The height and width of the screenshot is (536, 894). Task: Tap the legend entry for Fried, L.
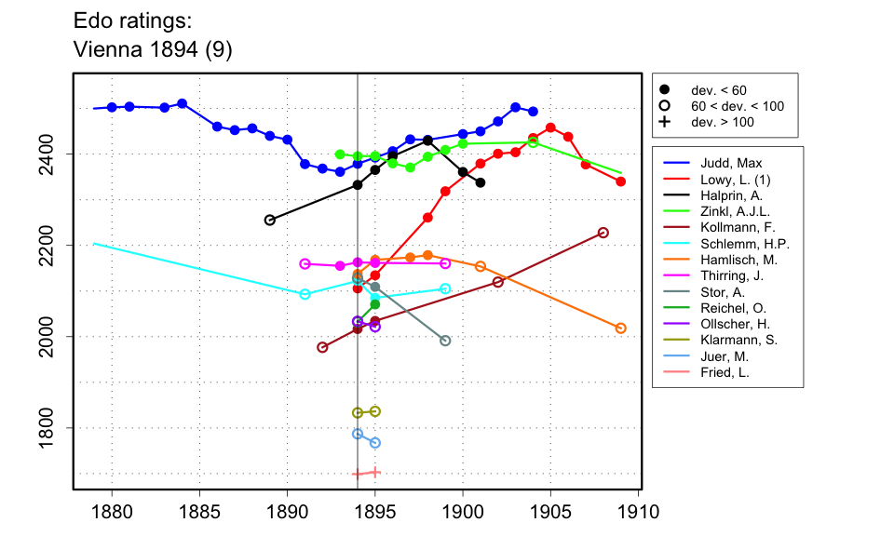717,372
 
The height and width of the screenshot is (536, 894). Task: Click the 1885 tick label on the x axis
199,511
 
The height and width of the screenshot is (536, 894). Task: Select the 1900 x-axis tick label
463,511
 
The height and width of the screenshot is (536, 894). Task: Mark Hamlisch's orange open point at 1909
621,328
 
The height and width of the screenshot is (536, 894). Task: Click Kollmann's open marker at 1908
603,233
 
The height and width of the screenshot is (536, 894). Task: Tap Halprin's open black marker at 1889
270,220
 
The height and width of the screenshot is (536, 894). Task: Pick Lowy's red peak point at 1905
550,127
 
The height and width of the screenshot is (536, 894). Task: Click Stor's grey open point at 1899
445,341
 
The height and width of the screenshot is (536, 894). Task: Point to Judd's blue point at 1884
183,103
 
